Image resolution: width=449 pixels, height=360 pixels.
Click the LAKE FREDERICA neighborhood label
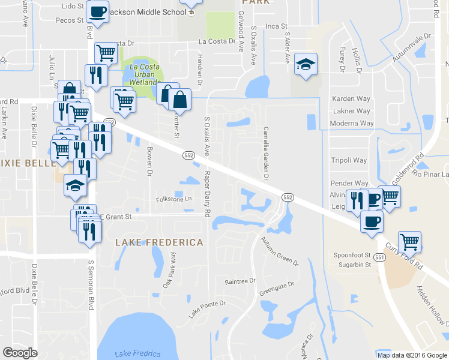159,242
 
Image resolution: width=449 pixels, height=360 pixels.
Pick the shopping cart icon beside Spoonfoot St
410,242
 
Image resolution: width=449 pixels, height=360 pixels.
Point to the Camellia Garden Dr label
265,153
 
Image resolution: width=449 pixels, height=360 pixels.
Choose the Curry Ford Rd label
405,257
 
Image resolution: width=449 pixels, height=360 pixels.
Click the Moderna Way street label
352,124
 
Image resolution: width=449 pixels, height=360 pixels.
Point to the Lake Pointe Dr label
207,309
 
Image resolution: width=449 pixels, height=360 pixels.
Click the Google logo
20,353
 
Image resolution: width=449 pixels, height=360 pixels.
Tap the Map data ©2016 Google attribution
411,355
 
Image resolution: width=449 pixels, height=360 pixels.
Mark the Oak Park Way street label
170,270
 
